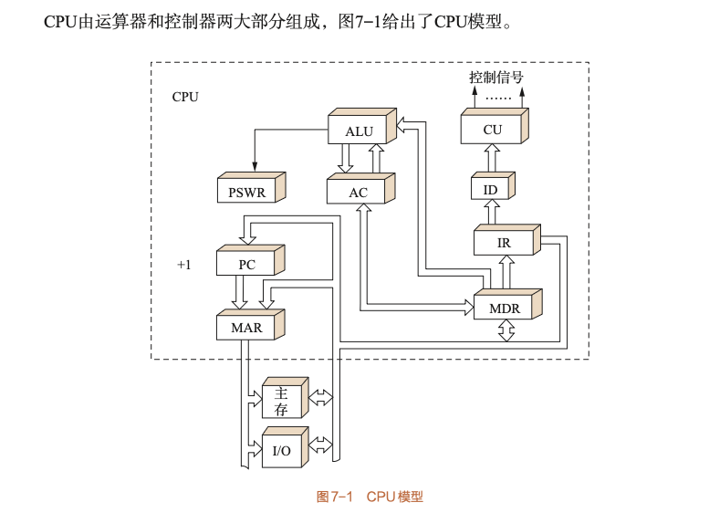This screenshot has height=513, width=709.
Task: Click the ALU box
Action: click(360, 131)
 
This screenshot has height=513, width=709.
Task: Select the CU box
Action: click(493, 130)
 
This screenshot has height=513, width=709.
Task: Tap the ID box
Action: click(491, 190)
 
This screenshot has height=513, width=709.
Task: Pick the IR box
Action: click(504, 244)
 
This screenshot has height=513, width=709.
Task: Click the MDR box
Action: click(505, 309)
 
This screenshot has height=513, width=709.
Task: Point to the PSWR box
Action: click(247, 193)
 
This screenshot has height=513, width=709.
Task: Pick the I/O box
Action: click(282, 451)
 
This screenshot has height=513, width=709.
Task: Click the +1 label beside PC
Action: click(184, 265)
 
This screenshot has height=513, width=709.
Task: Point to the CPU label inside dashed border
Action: click(185, 97)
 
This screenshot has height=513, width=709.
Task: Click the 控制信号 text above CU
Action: click(496, 78)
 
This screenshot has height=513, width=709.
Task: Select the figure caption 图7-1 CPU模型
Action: click(370, 497)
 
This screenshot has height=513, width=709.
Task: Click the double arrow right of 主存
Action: click(321, 398)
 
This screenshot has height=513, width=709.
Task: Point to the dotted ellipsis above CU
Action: click(498, 97)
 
